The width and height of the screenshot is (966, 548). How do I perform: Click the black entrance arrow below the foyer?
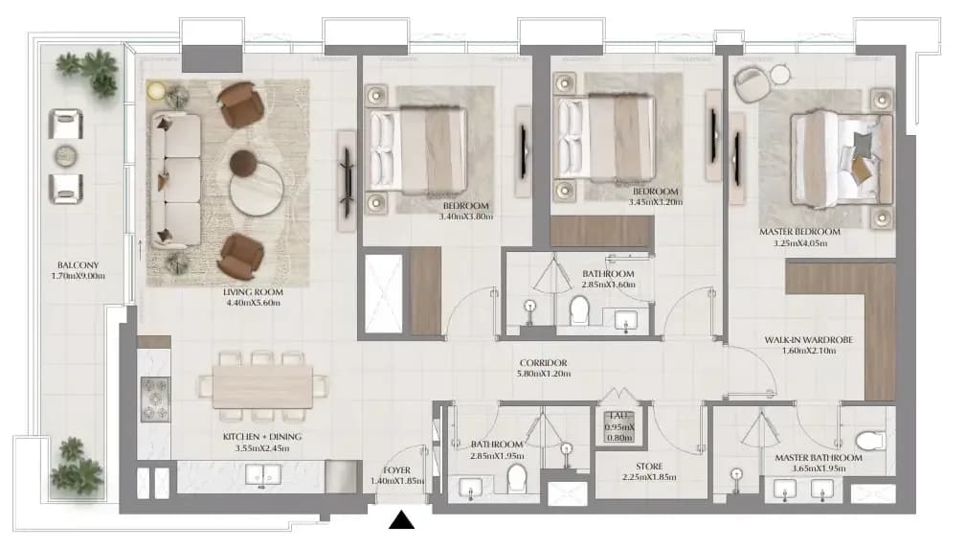pos(402,520)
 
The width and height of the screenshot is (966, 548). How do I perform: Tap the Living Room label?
pos(253,292)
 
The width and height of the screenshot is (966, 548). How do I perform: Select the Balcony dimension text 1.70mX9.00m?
pos(79,276)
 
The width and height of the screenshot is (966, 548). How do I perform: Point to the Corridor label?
pos(543,363)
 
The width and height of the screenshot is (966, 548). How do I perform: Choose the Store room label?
pos(649,467)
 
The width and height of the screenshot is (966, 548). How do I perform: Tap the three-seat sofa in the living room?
pos(175,180)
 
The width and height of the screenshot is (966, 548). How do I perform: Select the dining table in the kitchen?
pos(262,387)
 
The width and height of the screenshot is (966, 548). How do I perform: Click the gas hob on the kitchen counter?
pos(155,400)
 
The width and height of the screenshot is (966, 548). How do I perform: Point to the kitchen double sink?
pos(263,475)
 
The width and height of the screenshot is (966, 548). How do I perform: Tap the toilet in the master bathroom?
pos(870,441)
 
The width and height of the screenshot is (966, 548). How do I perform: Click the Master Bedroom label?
pos(799,232)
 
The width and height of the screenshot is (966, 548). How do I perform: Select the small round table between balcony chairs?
pos(66,156)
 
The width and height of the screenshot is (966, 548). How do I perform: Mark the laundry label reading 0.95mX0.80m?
pos(619,432)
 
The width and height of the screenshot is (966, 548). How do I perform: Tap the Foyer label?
pos(396,470)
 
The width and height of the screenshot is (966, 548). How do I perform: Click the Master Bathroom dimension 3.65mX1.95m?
pos(819,468)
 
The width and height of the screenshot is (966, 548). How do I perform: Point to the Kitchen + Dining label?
pos(261,437)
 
